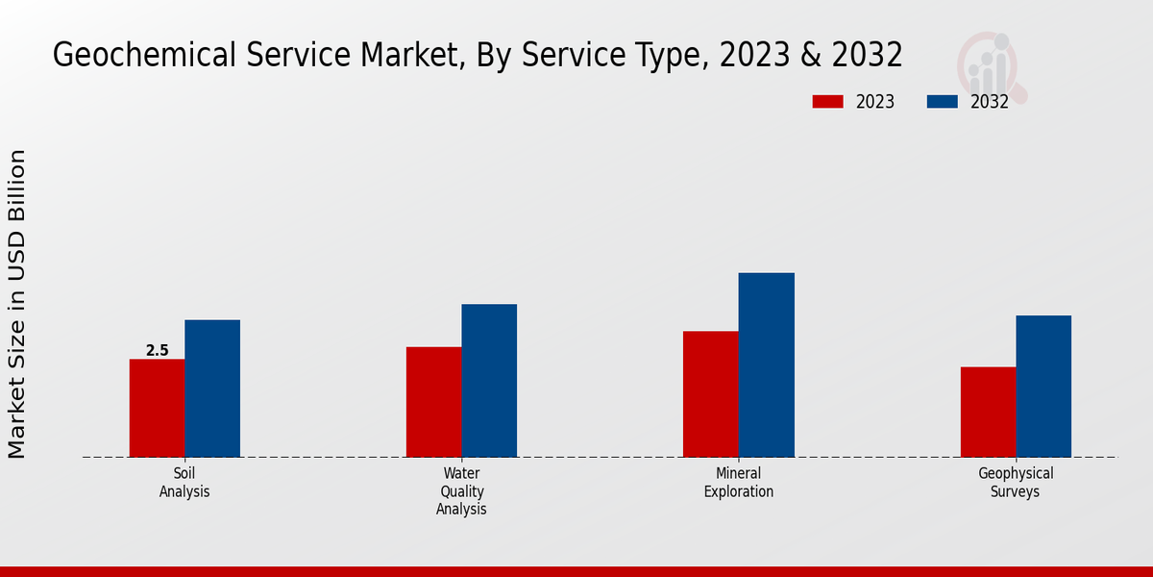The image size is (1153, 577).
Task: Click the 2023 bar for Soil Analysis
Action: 157,408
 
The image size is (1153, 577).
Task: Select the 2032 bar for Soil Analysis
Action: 212,389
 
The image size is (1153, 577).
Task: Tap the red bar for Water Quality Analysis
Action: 433,402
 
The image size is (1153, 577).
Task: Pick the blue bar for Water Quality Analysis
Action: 489,381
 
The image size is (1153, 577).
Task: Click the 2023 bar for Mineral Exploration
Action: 710,394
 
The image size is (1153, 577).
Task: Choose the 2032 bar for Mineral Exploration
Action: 766,365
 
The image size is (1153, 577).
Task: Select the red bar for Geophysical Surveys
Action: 988,412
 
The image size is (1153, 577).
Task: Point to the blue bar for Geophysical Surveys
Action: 1043,387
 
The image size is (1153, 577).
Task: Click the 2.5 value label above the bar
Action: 157,351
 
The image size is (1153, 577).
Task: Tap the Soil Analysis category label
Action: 184,482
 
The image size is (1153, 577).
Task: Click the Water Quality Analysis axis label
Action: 461,490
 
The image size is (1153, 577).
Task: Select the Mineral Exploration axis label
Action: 738,482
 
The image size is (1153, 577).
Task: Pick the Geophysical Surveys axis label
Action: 1016,482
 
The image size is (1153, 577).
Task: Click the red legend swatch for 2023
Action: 827,102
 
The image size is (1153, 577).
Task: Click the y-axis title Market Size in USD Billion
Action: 17,304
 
